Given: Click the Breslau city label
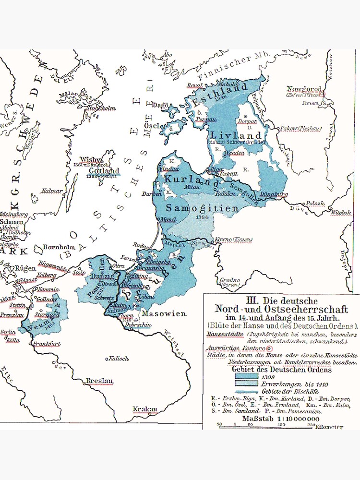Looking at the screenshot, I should [x=99, y=381].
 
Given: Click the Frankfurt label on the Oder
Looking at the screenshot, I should [x=47, y=344].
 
